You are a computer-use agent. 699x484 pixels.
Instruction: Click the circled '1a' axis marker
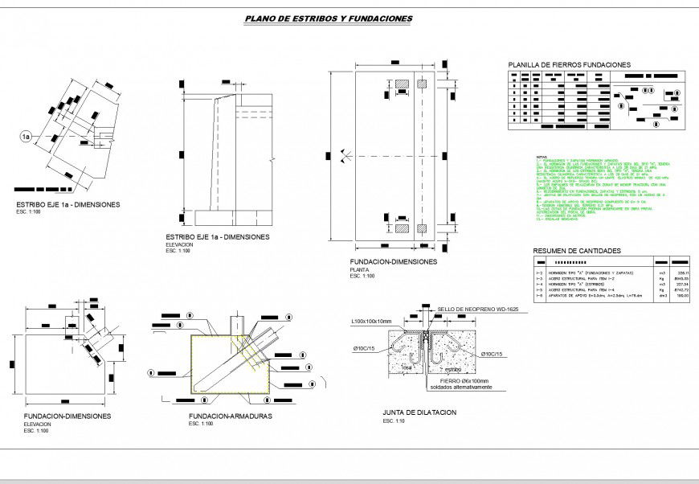click(26, 137)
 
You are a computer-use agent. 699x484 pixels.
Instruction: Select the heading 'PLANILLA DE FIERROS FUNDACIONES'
click(569, 65)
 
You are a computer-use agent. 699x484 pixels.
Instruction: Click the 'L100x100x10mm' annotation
click(371, 322)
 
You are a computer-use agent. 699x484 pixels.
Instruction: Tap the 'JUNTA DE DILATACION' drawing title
click(419, 412)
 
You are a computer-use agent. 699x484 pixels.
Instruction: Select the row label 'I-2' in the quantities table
click(540, 274)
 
